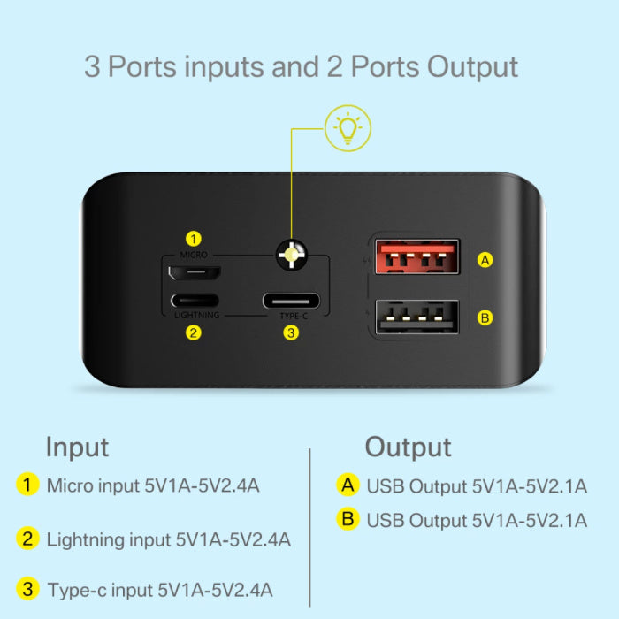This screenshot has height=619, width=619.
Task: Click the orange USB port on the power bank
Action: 416,256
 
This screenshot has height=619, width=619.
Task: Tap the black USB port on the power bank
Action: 416,317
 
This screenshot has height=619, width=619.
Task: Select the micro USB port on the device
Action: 195,272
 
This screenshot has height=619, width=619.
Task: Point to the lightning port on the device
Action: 195,301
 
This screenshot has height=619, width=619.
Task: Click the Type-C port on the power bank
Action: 291,302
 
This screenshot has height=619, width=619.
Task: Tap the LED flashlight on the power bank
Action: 291,255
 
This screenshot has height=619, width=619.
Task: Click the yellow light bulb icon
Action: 348,128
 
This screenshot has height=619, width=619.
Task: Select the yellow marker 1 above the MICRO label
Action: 194,239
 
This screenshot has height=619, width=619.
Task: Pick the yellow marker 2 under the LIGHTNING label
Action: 194,332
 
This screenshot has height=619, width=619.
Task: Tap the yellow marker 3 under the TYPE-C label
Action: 291,332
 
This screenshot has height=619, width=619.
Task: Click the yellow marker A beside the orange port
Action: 485,260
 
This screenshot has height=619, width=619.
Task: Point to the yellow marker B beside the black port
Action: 485,317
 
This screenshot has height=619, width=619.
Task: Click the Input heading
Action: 78,447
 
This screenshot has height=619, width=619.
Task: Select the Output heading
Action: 409,447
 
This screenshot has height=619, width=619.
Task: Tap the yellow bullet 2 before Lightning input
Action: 27,539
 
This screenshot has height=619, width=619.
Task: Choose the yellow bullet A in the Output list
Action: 348,485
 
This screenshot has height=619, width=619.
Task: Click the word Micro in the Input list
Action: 70,485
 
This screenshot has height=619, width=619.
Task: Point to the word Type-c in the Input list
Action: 77,591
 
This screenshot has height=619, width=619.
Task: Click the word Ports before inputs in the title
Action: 142,66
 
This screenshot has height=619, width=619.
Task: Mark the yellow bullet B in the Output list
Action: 348,519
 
